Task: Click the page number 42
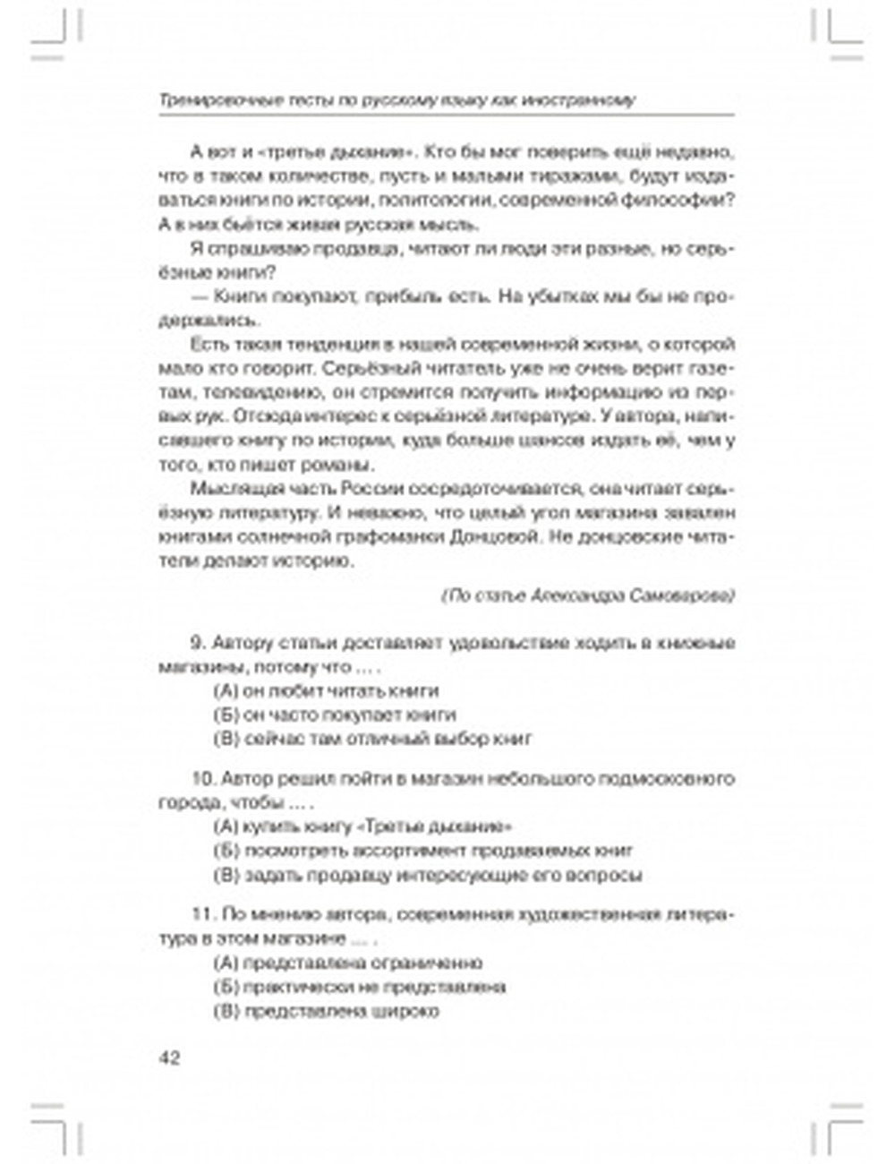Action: point(169,1058)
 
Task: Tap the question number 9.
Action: point(198,643)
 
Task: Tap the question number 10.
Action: point(202,778)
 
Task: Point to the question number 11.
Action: point(201,915)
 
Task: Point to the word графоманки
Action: point(392,538)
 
